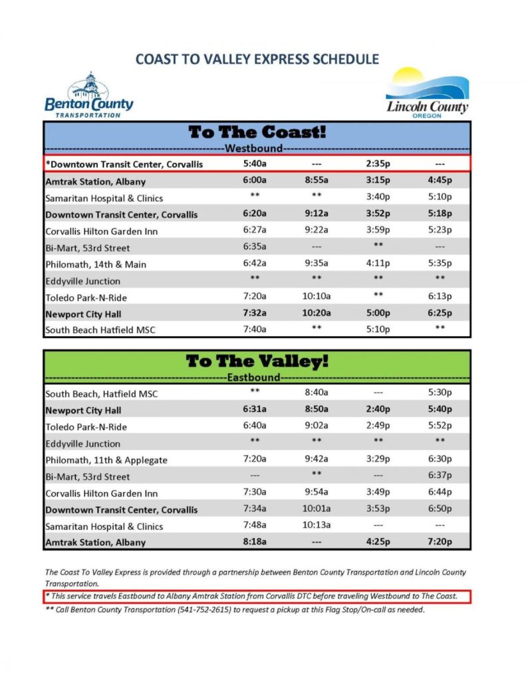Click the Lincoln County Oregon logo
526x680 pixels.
click(x=428, y=93)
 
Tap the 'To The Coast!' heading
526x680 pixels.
click(x=257, y=131)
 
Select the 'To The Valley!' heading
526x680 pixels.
click(x=257, y=361)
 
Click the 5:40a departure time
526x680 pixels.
click(x=255, y=163)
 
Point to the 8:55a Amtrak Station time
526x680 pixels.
click(x=317, y=181)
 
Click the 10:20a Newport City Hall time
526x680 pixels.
click(x=317, y=313)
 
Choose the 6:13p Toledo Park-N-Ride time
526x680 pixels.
click(x=440, y=297)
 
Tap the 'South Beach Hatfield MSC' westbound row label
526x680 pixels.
click(x=100, y=330)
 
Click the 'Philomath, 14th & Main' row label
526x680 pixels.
click(x=96, y=264)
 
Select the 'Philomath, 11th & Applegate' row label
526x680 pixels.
click(x=106, y=460)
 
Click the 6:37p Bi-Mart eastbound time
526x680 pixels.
click(x=440, y=476)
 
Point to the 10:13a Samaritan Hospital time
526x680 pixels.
click(x=317, y=526)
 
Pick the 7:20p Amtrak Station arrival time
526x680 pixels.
click(x=440, y=543)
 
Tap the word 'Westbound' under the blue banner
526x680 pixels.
click(x=254, y=148)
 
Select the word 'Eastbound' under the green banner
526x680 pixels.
click(x=254, y=378)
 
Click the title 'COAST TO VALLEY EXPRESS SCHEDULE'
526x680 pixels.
click(x=257, y=59)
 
